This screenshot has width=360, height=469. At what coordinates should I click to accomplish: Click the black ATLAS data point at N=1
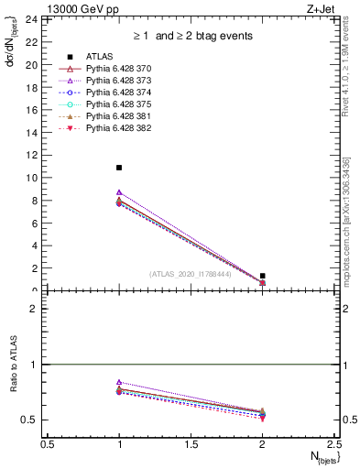119,168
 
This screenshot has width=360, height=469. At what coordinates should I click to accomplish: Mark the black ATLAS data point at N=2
263,276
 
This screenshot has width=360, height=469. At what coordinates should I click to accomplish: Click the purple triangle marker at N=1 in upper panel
119,192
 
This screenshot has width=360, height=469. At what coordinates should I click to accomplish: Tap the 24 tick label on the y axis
31,19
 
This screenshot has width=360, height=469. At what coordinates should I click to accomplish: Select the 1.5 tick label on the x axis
191,443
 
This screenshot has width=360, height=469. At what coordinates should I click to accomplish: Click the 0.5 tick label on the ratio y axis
30,420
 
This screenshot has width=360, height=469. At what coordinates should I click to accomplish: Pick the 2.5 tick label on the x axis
334,443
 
